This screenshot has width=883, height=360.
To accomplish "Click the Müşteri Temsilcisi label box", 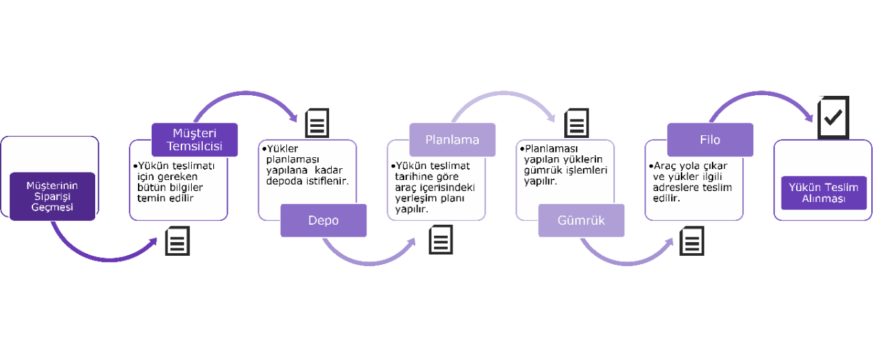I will [195, 139].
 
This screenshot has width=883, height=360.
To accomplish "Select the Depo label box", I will [324, 221].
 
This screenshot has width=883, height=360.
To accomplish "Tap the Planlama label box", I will [453, 139].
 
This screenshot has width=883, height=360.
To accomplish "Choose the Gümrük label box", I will [582, 221].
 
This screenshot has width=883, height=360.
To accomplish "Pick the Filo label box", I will [710, 139].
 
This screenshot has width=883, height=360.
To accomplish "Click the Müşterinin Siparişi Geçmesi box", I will [52, 197].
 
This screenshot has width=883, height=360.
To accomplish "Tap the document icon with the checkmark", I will [833, 117].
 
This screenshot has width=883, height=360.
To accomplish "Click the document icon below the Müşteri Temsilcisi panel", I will [177, 241].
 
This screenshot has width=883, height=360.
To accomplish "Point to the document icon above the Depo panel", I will [317, 122].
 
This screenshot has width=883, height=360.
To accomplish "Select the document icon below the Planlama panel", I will [441, 240].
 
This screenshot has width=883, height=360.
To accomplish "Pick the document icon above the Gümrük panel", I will [577, 122].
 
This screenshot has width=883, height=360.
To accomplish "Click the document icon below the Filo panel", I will [692, 241].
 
